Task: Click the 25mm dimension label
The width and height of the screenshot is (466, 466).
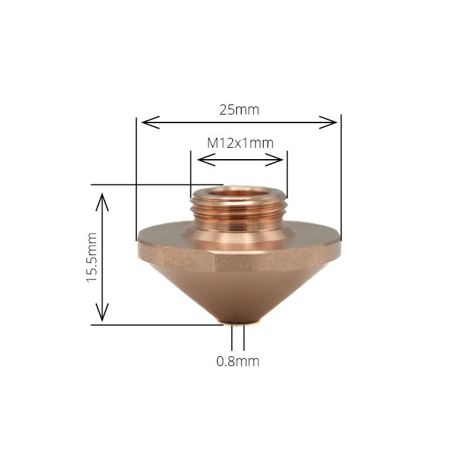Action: pos(239,110)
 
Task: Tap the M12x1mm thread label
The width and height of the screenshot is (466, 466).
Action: pos(240,142)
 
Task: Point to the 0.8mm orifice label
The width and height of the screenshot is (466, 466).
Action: pos(238,361)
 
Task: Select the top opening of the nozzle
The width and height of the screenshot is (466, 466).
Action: pos(238,194)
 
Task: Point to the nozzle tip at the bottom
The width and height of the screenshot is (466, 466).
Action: pos(238,325)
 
